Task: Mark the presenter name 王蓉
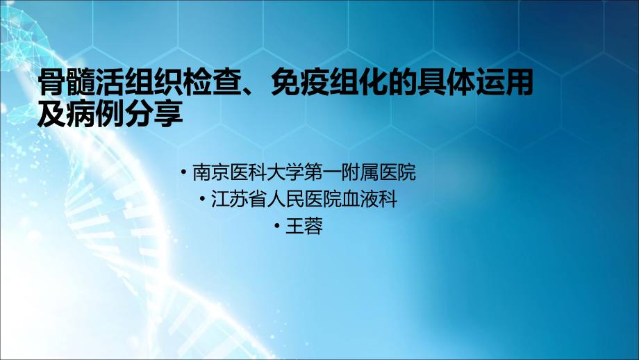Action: click(x=304, y=227)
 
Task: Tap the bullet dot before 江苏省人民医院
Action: click(x=206, y=199)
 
